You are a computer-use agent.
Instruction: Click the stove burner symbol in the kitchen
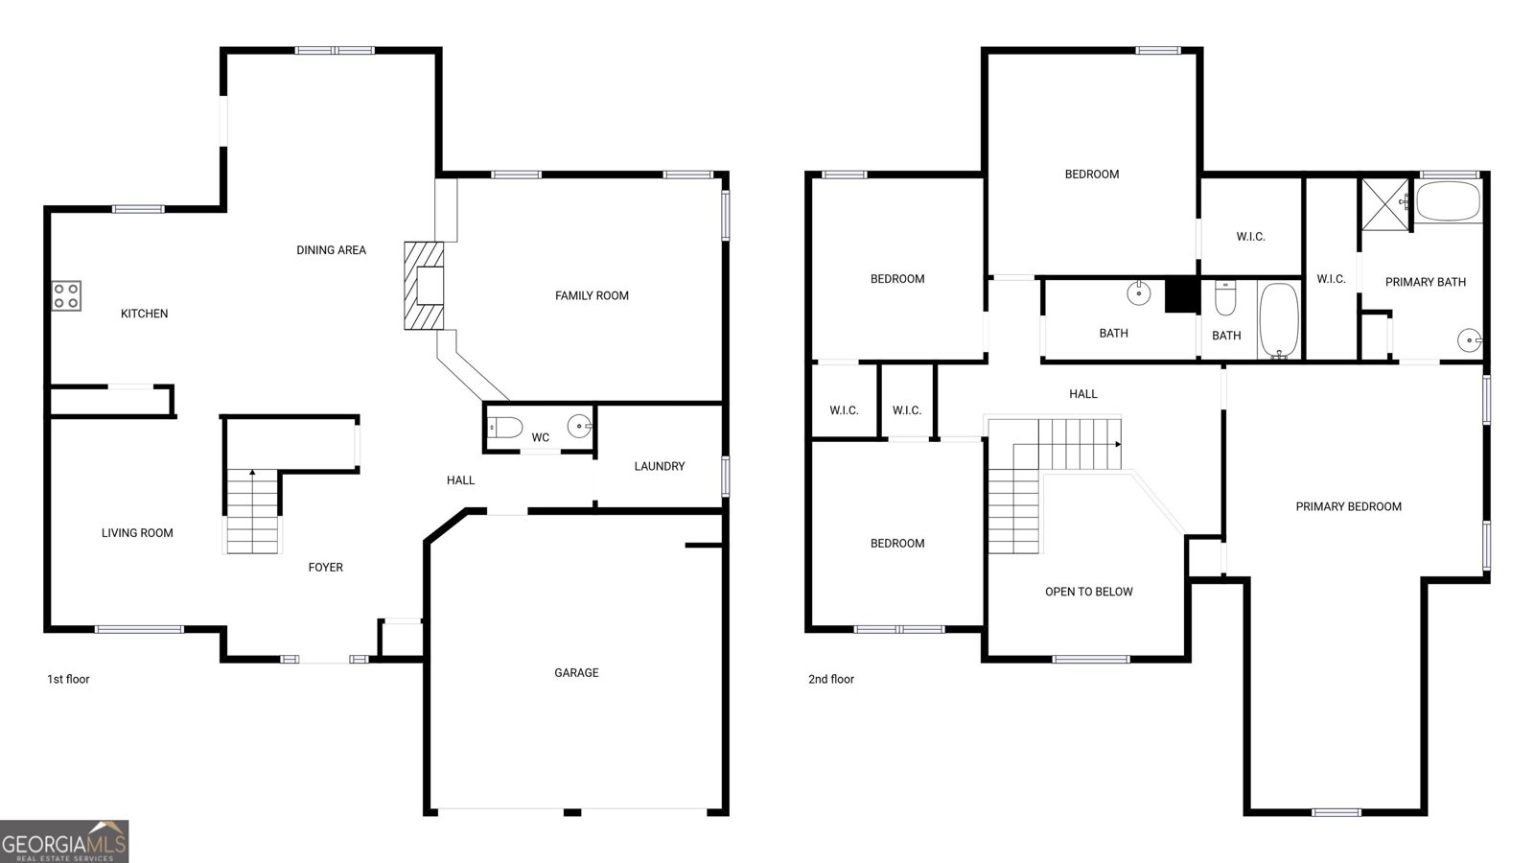tap(66, 296)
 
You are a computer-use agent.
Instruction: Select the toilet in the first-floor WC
tap(504, 428)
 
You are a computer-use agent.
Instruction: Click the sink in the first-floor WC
tap(579, 426)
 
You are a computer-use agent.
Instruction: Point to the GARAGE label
tap(576, 672)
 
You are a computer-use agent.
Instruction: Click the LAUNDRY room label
tap(659, 466)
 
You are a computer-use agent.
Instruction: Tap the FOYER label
tap(325, 567)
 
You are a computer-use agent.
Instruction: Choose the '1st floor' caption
tap(68, 679)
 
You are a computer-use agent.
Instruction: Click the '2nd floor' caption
tap(830, 679)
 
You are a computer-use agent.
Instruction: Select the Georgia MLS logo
tap(63, 841)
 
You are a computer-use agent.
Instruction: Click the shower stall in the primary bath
tap(1384, 204)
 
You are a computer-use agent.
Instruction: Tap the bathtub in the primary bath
tap(1448, 200)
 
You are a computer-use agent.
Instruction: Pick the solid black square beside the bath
tap(1180, 294)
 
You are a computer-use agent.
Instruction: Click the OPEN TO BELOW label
tap(1088, 592)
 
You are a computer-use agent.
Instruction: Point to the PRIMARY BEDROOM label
tap(1348, 507)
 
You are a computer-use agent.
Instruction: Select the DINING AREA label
tap(331, 250)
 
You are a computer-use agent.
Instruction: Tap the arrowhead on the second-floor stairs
tap(1118, 445)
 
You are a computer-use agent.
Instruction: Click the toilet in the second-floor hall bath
tap(1224, 297)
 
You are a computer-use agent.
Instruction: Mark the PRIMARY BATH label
tap(1425, 282)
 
